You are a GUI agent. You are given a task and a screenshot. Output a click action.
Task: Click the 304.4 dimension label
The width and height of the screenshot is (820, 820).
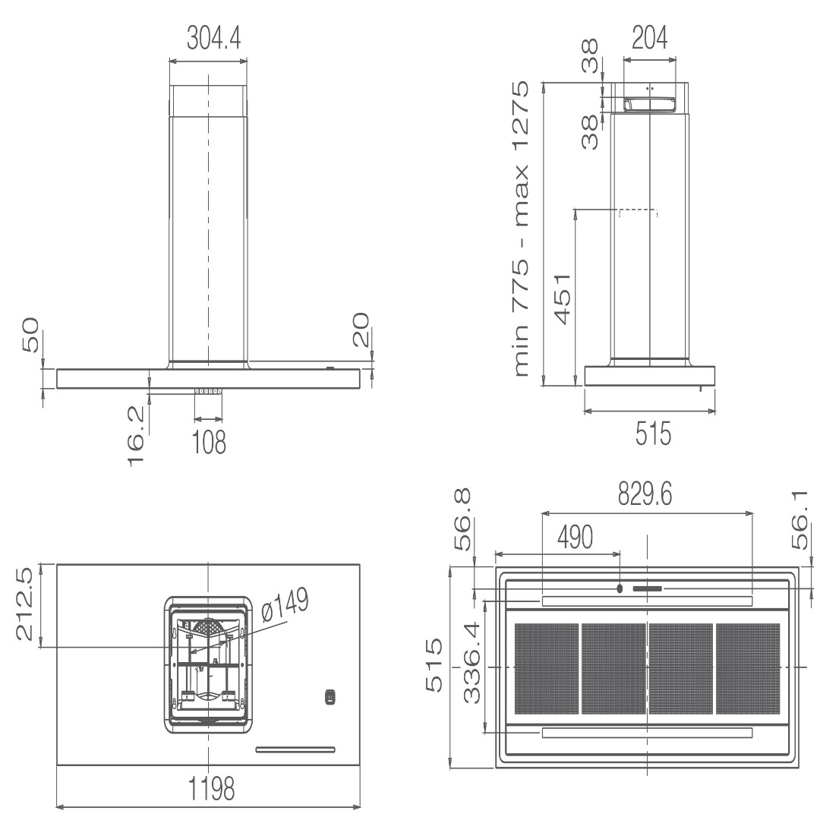(x=214, y=38)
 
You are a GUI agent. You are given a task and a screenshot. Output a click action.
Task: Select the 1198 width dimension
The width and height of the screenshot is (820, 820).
(x=211, y=788)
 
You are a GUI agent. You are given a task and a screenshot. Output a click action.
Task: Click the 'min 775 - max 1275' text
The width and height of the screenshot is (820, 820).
(x=520, y=229)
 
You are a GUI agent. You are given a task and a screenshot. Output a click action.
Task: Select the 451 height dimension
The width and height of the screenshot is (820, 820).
(x=562, y=298)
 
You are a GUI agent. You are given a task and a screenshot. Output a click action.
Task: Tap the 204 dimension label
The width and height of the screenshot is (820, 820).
(x=649, y=38)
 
